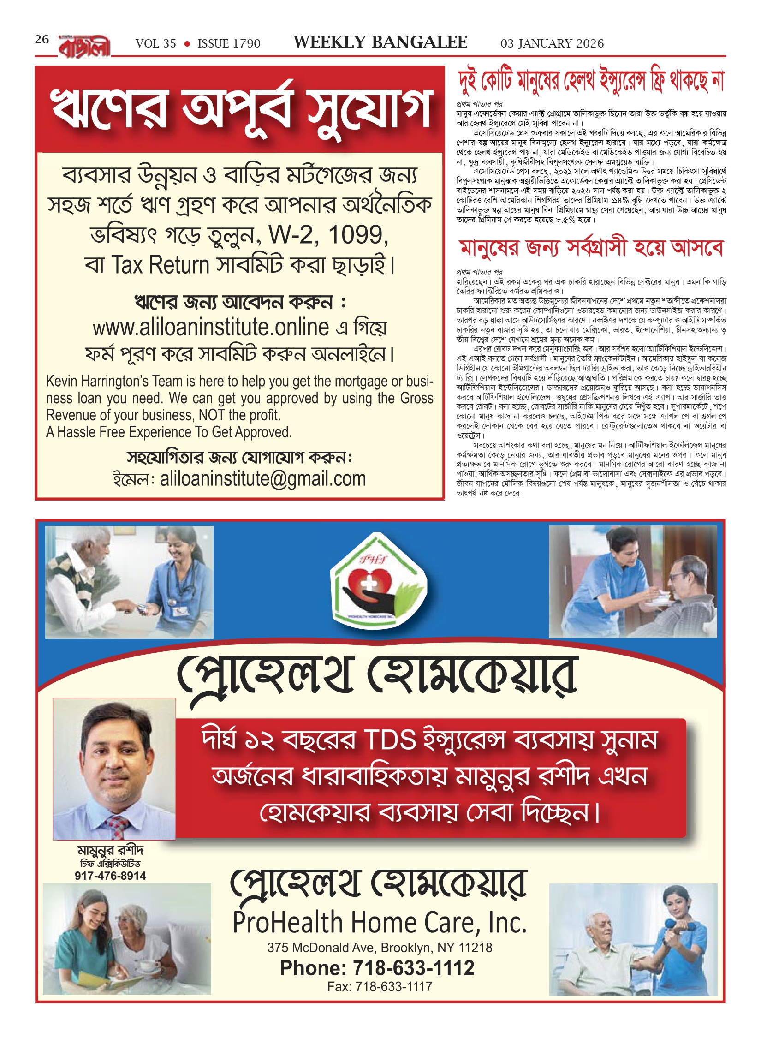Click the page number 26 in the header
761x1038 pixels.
tap(42, 39)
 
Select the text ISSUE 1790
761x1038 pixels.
tap(229, 43)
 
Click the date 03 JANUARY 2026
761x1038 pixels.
tap(552, 43)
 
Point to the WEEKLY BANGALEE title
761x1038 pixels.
tap(380, 42)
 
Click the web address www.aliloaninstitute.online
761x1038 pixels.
tap(211, 328)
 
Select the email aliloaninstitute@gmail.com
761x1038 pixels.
tap(262, 479)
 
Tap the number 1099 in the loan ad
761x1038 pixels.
tap(357, 235)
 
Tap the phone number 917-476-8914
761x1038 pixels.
tap(110, 876)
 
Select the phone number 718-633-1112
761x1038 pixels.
tap(413, 968)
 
